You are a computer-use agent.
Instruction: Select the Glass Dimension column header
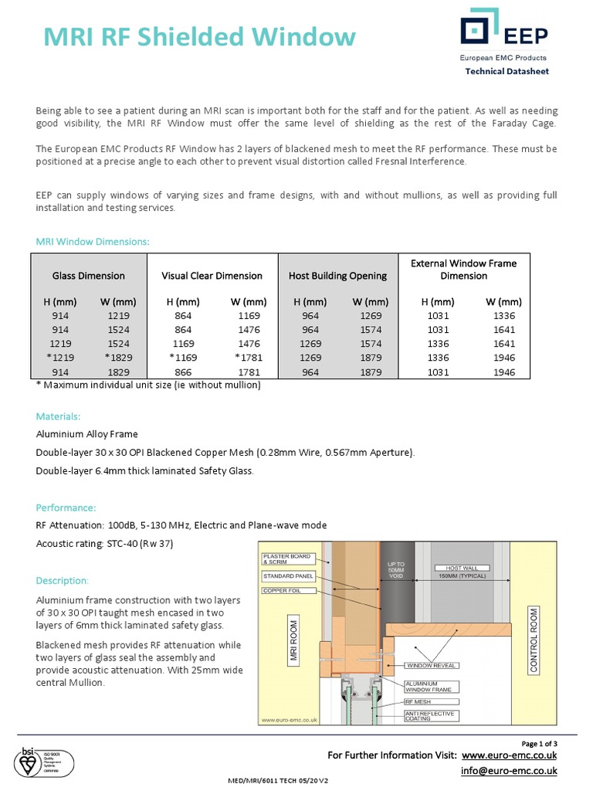(x=89, y=276)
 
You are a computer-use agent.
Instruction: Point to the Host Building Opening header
(x=337, y=276)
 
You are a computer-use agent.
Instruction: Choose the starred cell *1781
(x=249, y=358)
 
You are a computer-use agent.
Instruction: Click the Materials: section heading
(x=63, y=416)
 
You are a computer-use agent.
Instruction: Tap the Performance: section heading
(x=66, y=508)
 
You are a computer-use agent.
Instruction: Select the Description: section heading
(x=63, y=580)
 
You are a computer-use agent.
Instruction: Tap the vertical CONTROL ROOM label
(x=534, y=641)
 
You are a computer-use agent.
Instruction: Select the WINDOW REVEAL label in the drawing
(x=433, y=664)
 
